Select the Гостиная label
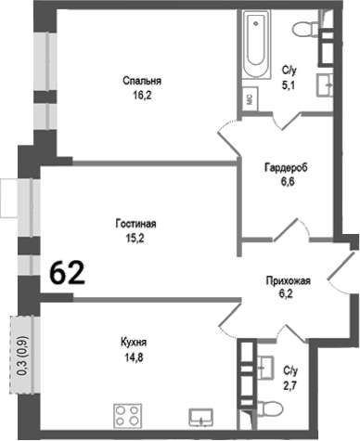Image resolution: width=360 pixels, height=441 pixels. tap(135, 224)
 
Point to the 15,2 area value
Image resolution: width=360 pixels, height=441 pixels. tap(135, 238)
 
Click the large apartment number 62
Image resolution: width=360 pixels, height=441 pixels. tap(68, 273)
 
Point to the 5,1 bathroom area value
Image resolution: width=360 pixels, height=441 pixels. tap(289, 82)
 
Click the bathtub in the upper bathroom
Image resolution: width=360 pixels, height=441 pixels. tap(256, 46)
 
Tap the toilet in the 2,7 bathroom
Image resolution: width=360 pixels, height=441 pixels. tap(268, 409)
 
